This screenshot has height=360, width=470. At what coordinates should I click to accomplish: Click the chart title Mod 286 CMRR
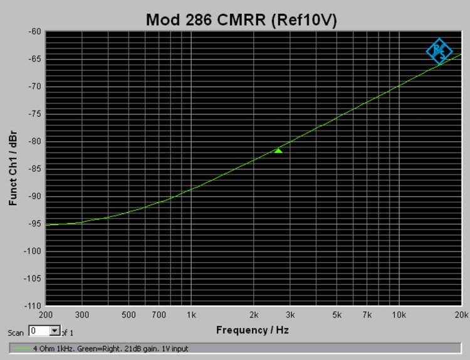[242, 19]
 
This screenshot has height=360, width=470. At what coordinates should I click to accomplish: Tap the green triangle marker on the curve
[278, 151]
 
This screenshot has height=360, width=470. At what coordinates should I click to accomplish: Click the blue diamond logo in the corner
[439, 51]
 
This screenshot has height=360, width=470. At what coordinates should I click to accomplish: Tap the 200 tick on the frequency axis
[46, 314]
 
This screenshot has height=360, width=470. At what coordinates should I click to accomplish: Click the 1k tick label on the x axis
[192, 314]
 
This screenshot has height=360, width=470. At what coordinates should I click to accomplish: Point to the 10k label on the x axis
[399, 314]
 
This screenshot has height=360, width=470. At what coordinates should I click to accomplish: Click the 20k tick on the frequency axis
[462, 314]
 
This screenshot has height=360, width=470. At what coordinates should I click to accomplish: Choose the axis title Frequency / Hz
[253, 329]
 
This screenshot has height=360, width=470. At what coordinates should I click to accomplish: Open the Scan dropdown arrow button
[55, 331]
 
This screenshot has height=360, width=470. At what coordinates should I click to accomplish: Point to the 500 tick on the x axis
[128, 314]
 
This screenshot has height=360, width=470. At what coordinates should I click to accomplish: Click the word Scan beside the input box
[16, 332]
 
